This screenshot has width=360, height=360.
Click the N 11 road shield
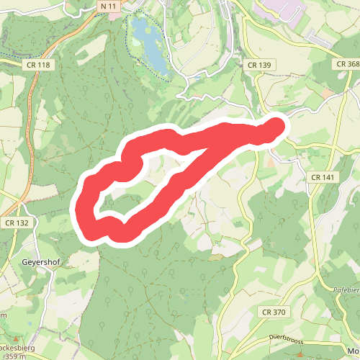pyautogui.click(x=109, y=6)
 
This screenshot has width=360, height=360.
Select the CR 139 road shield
pyautogui.click(x=259, y=65)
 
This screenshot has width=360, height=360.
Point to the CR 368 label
pyautogui.click(x=347, y=64)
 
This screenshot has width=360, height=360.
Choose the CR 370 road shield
pyautogui.click(x=274, y=312)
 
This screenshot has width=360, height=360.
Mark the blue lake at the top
pyautogui.click(x=147, y=42)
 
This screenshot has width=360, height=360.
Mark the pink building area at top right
pyautogui.click(x=278, y=9)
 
